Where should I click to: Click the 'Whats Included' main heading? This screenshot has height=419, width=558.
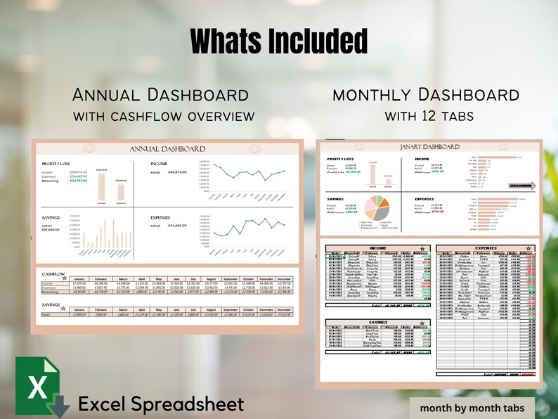279,42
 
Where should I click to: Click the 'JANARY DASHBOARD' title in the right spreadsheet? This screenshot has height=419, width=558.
429,146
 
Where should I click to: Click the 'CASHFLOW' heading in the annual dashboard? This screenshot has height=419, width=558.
54,273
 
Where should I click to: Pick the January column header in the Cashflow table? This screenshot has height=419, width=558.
79,278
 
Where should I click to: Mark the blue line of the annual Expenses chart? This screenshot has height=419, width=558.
249,230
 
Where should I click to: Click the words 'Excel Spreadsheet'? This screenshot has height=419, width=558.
161,404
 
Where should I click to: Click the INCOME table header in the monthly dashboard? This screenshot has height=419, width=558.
378,247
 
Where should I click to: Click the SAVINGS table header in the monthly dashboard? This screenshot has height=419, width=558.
378,321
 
